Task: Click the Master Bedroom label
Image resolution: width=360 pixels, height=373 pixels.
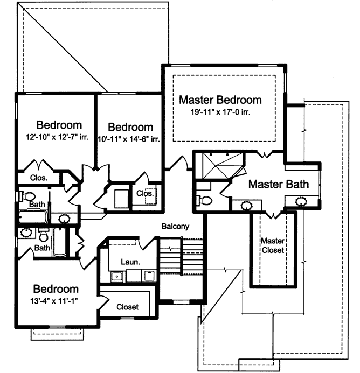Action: (x=220, y=100)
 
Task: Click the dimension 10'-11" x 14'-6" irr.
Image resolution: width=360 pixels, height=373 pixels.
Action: (x=130, y=139)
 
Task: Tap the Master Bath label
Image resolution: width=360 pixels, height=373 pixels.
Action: (x=278, y=185)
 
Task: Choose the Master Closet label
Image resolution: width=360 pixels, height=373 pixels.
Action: (x=272, y=245)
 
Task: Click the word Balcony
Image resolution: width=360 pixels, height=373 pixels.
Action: (x=175, y=227)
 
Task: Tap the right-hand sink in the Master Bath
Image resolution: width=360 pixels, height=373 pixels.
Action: (x=301, y=202)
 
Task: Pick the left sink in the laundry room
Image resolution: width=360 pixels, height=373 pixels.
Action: (x=116, y=277)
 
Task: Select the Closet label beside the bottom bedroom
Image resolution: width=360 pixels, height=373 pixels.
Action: (x=128, y=307)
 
